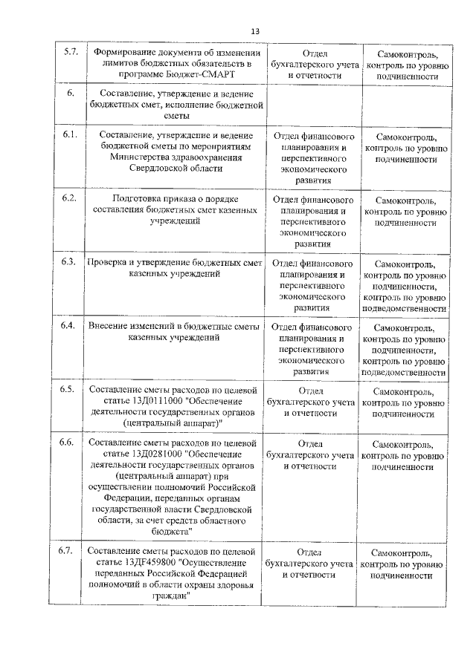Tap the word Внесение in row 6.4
[109, 326]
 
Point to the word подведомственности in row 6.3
[403, 308]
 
